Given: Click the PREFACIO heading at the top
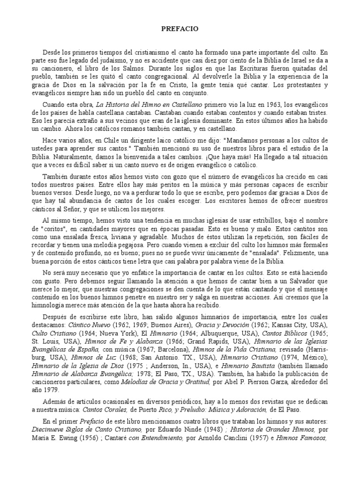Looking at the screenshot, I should coord(180,29).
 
